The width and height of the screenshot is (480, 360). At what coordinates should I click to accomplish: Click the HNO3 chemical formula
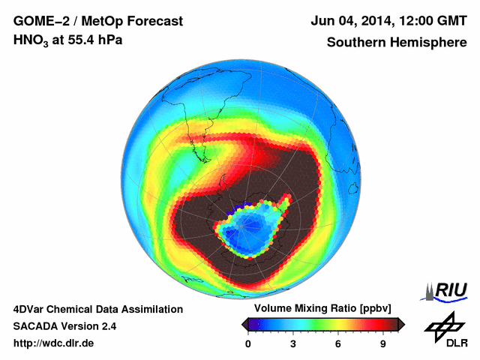click(31, 40)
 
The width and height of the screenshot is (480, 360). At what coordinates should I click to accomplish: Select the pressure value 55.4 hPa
click(91, 39)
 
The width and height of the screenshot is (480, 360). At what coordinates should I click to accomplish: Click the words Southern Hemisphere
click(396, 42)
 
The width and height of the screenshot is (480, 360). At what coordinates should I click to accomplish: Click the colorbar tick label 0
click(248, 343)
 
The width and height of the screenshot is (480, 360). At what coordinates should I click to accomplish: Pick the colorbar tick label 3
click(293, 343)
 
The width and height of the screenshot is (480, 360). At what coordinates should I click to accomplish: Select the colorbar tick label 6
click(338, 343)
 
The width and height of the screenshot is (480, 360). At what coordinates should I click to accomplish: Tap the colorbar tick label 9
click(382, 343)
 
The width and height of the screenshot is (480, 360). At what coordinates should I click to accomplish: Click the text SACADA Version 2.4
click(64, 326)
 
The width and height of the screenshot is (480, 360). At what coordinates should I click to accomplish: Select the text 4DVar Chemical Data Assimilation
click(97, 309)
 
